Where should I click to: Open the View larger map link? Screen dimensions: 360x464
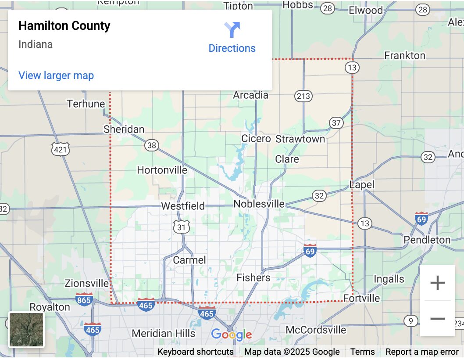(56, 76)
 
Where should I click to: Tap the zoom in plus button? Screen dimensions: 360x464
(437, 283)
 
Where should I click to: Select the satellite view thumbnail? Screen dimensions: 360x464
(26, 329)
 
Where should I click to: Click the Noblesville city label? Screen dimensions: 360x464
(259, 204)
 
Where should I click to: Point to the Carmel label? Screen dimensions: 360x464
(189, 260)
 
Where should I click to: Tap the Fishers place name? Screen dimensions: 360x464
(253, 278)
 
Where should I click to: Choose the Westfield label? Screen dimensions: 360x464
(183, 206)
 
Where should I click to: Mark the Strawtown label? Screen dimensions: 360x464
(300, 139)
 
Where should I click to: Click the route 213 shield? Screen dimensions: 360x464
(303, 96)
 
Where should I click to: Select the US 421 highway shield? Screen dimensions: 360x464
(60, 150)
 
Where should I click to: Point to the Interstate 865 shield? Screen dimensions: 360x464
(84, 300)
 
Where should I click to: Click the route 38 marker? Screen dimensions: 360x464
(152, 145)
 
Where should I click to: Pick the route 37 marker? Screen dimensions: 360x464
(336, 123)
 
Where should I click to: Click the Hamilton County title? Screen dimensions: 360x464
(64, 26)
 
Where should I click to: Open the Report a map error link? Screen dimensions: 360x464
(422, 352)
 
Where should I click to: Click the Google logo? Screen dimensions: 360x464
(232, 335)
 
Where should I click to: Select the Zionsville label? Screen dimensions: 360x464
(86, 283)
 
